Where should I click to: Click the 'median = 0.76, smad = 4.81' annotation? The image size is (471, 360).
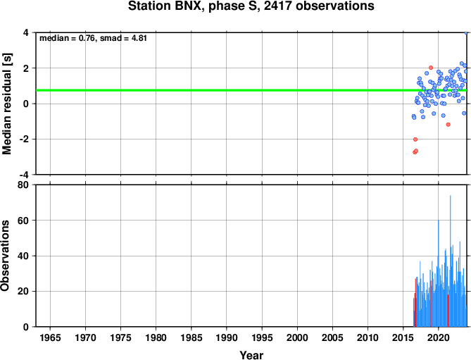tap(93, 38)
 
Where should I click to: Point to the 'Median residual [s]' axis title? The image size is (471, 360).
tap(6, 104)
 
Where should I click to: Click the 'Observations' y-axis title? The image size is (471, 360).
tap(5, 256)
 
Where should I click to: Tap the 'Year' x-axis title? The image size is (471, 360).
tap(251, 355)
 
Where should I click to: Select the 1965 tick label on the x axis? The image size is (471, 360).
tap(50, 337)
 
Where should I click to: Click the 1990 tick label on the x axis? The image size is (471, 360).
tap(227, 337)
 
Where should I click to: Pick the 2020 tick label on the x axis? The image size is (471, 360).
tap(438, 337)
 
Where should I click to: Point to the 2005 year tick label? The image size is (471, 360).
tap(332, 337)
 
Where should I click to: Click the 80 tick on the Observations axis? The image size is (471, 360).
tap(23, 185)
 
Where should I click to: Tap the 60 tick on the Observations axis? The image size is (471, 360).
tap(23, 221)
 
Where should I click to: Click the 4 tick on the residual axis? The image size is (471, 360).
tap(26, 32)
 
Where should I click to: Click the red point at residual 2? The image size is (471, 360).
tap(431, 68)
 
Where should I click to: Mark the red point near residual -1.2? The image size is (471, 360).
tap(448, 125)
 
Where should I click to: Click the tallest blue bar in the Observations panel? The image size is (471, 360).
tap(450, 261)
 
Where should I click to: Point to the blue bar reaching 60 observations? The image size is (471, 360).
tap(439, 273)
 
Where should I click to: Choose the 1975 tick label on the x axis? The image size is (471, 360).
tap(120, 337)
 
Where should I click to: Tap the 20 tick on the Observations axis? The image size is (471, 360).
tap(23, 291)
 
